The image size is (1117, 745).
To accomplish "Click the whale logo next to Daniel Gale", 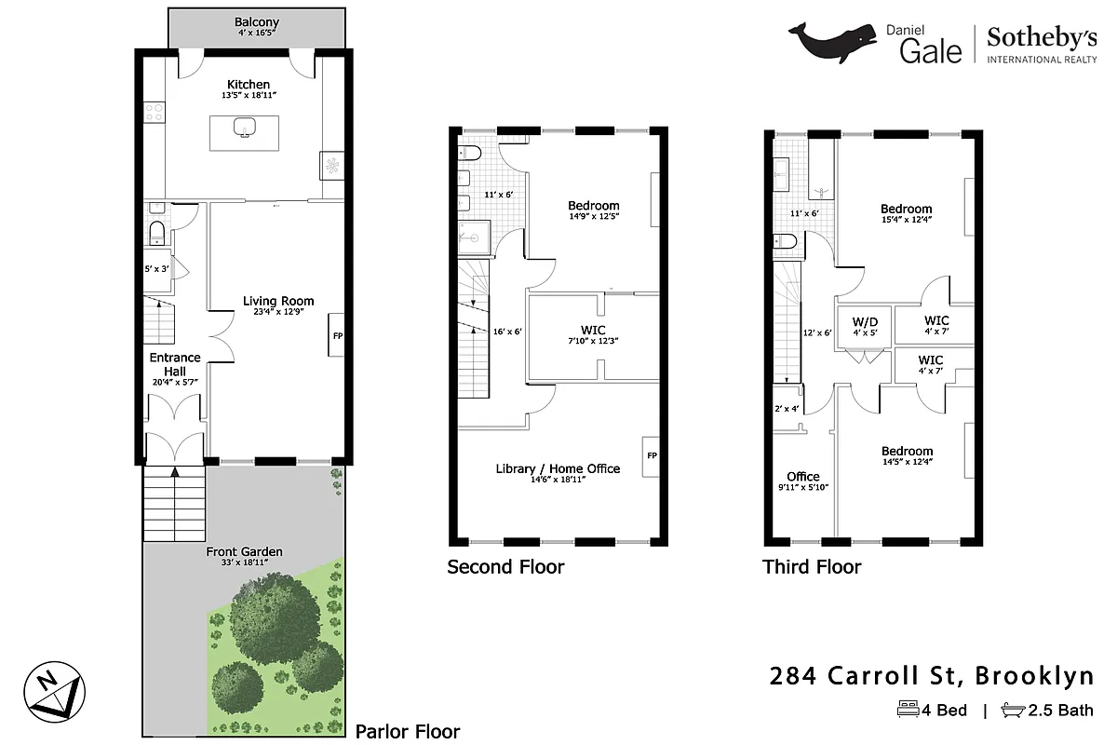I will (x=834, y=43).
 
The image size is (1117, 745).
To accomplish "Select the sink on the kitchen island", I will (x=246, y=128).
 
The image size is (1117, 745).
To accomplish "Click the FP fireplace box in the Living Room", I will (x=336, y=335).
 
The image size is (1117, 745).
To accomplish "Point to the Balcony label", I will (x=256, y=22).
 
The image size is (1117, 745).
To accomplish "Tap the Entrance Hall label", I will (x=175, y=364).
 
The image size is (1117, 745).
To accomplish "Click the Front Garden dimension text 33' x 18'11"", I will (x=244, y=563).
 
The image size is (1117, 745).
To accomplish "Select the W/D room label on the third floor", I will (x=866, y=322).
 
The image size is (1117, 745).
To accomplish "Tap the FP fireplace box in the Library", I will (x=652, y=455).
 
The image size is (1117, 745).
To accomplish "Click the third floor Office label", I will (x=803, y=476).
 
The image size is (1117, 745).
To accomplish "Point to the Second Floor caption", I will (x=505, y=566).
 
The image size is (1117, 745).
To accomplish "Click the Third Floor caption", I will (x=812, y=566).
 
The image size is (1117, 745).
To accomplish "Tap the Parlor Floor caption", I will (x=408, y=731).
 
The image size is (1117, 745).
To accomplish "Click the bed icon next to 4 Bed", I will (x=907, y=711).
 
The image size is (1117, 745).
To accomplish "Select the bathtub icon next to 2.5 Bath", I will (x=1012, y=711).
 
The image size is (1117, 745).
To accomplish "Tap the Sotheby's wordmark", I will (x=1042, y=38).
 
